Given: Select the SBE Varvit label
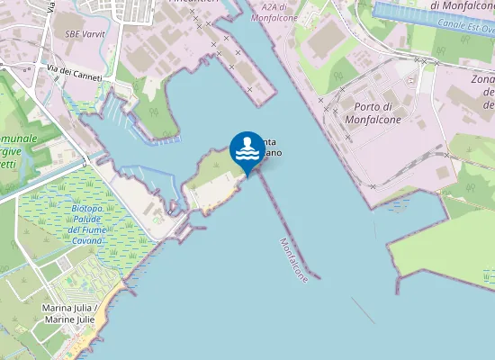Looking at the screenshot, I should point(85,34).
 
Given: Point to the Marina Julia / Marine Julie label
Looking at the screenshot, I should point(70,313).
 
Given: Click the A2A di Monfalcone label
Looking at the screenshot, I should point(273,12).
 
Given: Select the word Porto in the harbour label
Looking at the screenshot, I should point(371,81).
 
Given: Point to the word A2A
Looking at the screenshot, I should point(261,6).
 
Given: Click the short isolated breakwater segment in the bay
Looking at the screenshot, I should point(363,310).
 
